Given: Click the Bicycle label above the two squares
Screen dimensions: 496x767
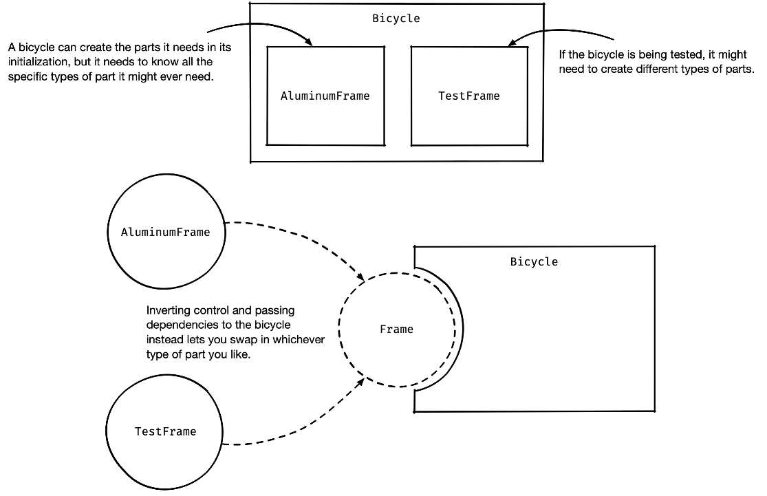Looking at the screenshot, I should coord(396,19).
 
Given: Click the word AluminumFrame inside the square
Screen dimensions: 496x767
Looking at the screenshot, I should coord(325,96).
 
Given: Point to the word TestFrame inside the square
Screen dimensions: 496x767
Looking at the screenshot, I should coord(468,96).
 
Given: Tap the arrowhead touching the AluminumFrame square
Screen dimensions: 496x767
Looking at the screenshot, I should coord(310,43).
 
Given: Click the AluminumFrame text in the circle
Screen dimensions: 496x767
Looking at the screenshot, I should coord(165,232).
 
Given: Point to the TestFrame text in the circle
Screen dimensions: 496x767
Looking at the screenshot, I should coord(165,431).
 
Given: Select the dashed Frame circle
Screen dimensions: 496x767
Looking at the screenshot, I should coord(397,358).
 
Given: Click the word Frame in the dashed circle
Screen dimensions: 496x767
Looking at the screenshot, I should coord(396,330).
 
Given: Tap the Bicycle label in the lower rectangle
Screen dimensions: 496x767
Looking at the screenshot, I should coord(534,261).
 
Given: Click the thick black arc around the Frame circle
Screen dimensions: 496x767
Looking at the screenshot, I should coord(460,330).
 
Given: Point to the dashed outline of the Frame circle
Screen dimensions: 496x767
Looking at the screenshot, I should coord(340,330).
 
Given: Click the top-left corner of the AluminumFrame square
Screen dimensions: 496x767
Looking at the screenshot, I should coord(268,47).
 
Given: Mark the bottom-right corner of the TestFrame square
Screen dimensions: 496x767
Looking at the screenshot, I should coord(527,145).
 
